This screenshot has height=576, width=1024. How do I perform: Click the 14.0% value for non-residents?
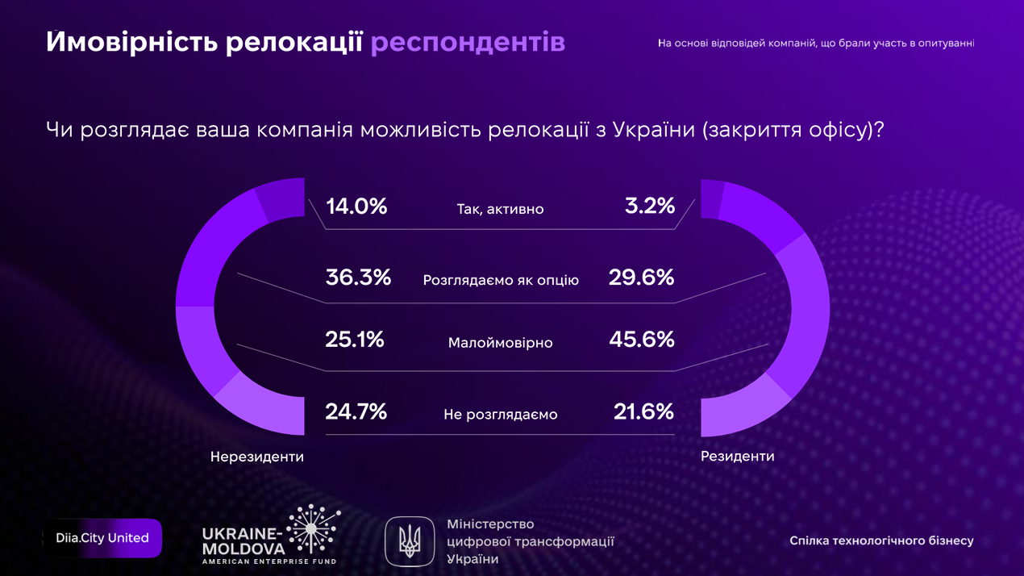pos(356,207)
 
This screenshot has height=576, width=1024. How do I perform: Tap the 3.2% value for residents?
pos(649,207)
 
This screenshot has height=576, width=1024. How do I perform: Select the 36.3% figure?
pos(358,278)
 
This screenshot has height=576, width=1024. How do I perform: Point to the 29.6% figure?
pos(642,278)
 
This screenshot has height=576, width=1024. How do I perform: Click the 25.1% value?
pos(355,340)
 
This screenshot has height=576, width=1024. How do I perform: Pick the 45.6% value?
pos(642,340)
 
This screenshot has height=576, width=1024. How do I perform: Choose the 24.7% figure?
pos(356,412)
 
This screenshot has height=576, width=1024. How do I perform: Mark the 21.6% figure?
pos(643,412)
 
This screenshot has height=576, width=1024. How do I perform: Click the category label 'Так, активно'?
pos(500,210)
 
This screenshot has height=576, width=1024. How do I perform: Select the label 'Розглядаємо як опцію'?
pos(501,281)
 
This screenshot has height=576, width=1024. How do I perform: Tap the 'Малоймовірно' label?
pos(500,343)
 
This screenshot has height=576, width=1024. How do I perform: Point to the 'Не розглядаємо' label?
pos(500,415)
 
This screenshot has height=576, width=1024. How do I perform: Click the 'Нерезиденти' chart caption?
pos(257,457)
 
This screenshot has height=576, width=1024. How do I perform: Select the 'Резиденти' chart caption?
pos(737,456)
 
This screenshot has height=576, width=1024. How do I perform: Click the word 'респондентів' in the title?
pos(468,43)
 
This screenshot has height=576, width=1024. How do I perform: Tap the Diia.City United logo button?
pos(102,538)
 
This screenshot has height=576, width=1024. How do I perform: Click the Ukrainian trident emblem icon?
pos(410,541)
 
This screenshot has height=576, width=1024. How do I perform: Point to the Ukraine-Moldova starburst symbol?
pos(311,529)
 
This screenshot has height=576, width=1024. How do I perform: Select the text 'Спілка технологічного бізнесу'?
pos(881,541)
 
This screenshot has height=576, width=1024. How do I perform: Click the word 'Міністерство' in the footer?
pos(490,524)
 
